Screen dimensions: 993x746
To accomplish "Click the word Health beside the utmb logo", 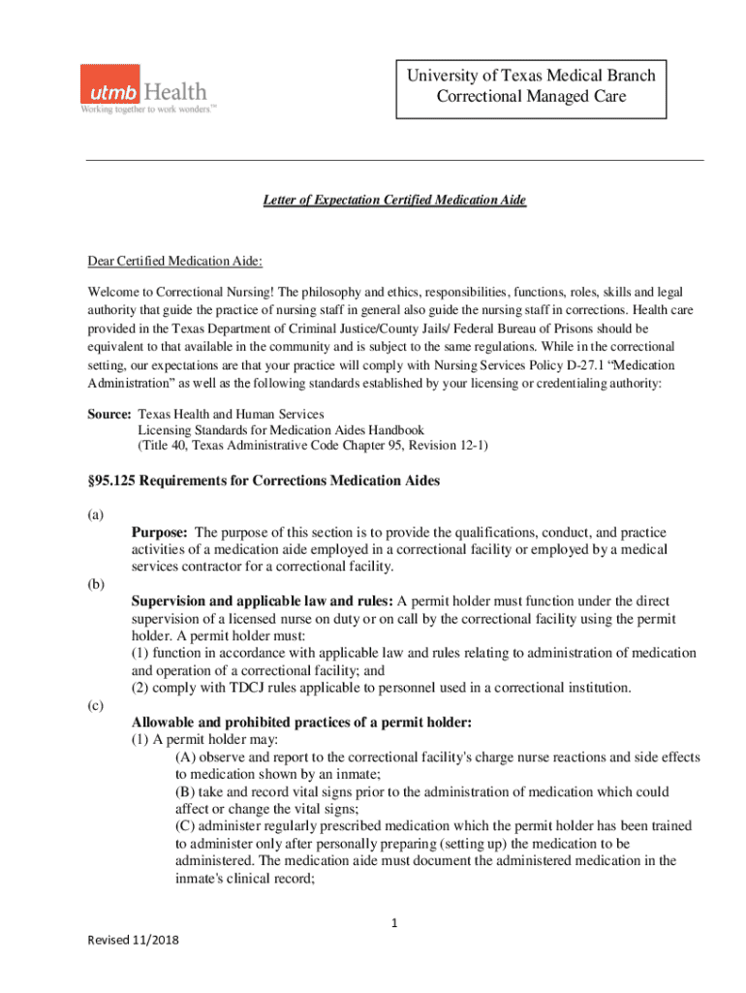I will (175, 92).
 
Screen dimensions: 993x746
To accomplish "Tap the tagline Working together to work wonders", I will (147, 110).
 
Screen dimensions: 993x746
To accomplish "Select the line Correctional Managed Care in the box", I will (530, 97).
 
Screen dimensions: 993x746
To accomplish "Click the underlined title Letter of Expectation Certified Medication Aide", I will (394, 200).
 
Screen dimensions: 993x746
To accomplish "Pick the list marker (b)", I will (95, 584).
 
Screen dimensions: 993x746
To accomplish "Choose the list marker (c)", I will (95, 706).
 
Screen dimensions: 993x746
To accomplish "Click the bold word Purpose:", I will (161, 532).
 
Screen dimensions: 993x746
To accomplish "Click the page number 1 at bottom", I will (395, 922).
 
